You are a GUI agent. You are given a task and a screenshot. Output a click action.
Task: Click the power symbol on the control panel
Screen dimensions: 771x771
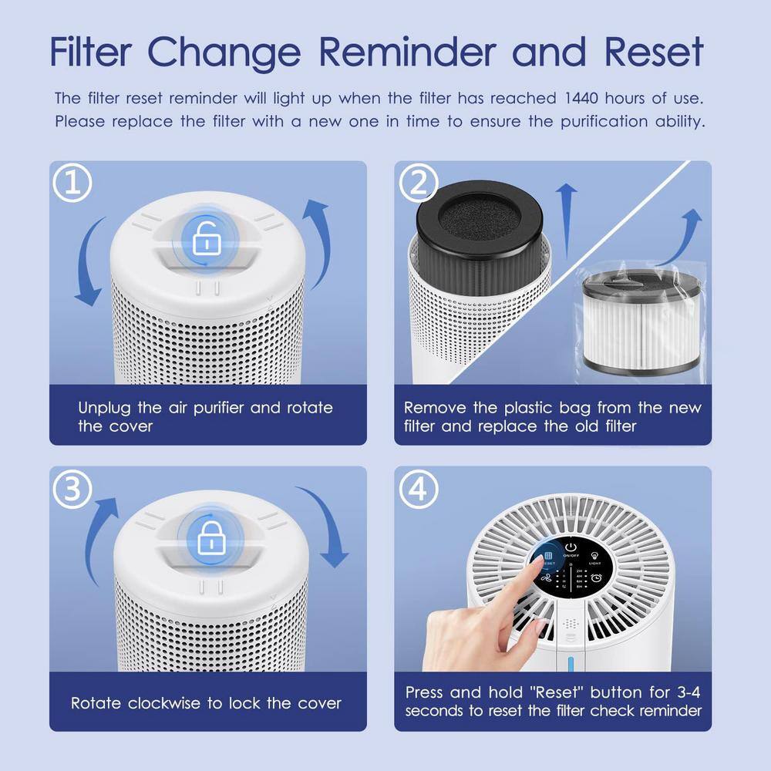pos(571,542)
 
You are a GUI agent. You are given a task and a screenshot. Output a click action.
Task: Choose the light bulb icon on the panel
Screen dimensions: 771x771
pos(594,554)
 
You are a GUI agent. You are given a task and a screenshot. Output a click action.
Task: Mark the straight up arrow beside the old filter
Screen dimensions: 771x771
pos(567,220)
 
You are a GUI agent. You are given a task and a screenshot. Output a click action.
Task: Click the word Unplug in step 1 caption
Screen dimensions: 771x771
pos(104,408)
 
